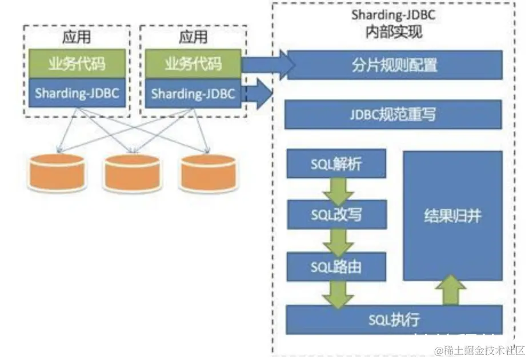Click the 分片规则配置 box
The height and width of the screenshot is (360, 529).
[x=394, y=65]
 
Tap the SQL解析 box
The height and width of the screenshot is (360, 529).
[x=336, y=165]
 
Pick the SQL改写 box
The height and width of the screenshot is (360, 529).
[x=336, y=215]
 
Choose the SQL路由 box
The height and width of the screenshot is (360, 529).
[x=336, y=266]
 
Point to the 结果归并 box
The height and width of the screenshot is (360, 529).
[x=453, y=216]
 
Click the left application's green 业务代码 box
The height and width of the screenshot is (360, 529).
[x=77, y=64]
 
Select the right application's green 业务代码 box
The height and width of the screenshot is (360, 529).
[x=193, y=64]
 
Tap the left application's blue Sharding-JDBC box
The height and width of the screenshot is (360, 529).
[x=77, y=93]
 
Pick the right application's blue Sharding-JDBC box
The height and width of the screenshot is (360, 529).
[x=193, y=93]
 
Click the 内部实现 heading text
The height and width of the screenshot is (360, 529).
[x=393, y=32]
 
